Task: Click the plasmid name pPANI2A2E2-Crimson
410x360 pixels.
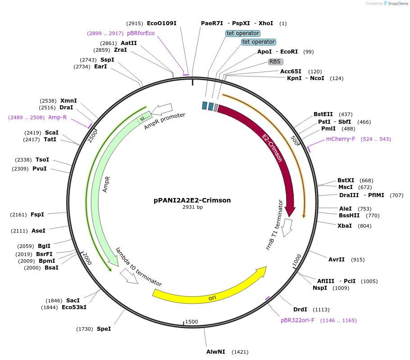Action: tap(192, 200)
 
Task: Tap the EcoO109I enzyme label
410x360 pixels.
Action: tap(161, 23)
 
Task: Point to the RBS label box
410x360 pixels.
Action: tap(276, 62)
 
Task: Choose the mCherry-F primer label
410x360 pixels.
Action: tap(340, 139)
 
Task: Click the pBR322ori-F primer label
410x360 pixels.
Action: tap(297, 320)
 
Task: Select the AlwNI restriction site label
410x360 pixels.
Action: tap(216, 352)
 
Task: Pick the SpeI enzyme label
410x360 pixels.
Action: tap(104, 329)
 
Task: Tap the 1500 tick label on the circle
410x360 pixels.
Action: tap(191, 322)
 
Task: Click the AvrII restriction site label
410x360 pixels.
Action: tap(337, 260)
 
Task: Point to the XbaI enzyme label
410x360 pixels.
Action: tap(345, 226)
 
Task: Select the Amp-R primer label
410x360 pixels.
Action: tap(57, 117)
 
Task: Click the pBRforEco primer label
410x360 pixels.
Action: tap(141, 33)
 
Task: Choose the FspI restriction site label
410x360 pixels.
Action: tap(37, 215)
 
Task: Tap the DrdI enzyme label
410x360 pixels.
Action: tap(300, 310)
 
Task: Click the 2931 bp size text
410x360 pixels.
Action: tap(192, 207)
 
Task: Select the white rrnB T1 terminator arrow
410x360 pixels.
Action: tap(287, 228)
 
